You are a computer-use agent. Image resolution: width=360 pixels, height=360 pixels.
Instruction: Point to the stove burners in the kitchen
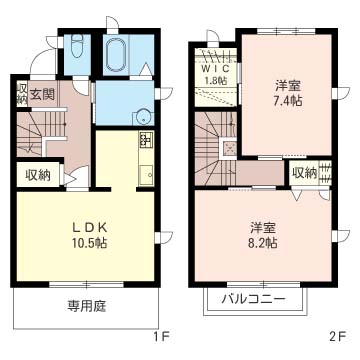pos(146,139)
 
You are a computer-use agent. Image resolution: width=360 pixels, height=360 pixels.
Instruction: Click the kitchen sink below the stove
pos(145,169)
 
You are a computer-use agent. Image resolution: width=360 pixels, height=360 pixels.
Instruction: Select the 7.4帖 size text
pos(288,100)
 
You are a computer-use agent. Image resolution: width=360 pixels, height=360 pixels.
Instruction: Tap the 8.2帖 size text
pos(264,240)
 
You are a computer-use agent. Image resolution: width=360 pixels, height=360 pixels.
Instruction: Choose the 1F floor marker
pos(160,336)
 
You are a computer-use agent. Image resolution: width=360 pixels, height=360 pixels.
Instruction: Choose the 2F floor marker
pos(338,336)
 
